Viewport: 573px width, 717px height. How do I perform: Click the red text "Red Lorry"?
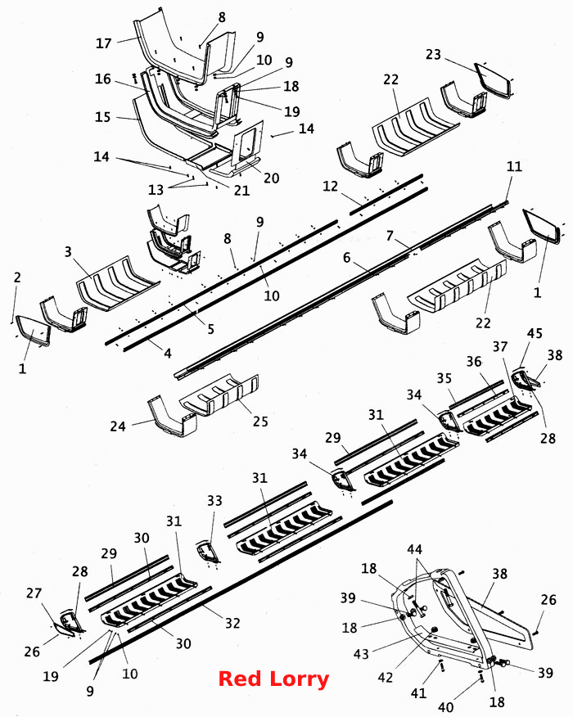273,679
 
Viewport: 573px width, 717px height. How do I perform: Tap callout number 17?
104,43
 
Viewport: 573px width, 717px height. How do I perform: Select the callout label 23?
433,54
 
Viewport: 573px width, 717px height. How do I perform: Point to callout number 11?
514,166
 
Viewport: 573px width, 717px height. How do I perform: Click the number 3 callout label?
68,251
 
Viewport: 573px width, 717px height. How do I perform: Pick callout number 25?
260,421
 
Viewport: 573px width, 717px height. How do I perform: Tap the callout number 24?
118,426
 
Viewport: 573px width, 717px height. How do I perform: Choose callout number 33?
214,501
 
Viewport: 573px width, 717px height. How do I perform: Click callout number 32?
232,623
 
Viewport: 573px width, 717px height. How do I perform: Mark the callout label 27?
34,593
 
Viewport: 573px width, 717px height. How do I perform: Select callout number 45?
535,333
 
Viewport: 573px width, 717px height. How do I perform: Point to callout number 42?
386,677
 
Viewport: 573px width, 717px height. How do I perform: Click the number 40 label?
446,707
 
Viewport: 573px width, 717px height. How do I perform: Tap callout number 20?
271,178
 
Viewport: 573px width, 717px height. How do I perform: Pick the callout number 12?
330,186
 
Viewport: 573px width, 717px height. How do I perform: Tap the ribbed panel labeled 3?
117,283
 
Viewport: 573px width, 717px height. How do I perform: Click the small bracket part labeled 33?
208,552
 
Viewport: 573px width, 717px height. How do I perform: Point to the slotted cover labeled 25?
219,395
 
